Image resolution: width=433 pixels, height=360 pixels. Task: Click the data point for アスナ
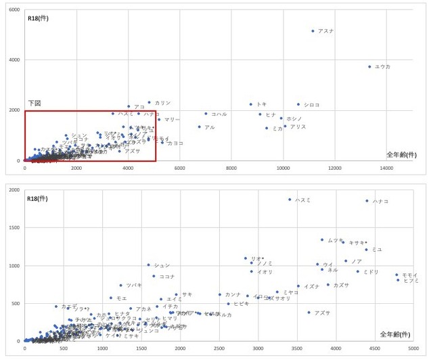point(313,31)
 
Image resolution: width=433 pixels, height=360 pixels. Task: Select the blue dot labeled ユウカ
point(369,66)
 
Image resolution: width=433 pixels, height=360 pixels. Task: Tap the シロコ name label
point(312,105)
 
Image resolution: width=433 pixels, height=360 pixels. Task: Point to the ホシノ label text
point(294,118)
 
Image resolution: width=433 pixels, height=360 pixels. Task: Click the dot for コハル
point(206,114)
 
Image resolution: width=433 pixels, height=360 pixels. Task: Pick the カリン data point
point(150,103)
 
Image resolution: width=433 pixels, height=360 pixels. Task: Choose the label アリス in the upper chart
point(298,127)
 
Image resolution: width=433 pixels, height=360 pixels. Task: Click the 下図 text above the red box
point(35,103)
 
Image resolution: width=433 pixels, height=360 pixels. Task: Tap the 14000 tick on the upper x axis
point(387,167)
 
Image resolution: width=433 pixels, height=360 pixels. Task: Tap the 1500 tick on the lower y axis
point(14,228)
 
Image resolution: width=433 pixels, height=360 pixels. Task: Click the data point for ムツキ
point(323,240)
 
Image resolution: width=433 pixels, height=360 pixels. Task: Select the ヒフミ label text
point(411,280)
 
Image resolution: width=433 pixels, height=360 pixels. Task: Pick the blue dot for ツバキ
point(121,286)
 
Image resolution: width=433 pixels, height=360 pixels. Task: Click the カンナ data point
point(220,294)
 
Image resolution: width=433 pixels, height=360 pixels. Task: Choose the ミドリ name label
point(371,271)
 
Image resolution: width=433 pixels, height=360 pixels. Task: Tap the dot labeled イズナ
point(298,286)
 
